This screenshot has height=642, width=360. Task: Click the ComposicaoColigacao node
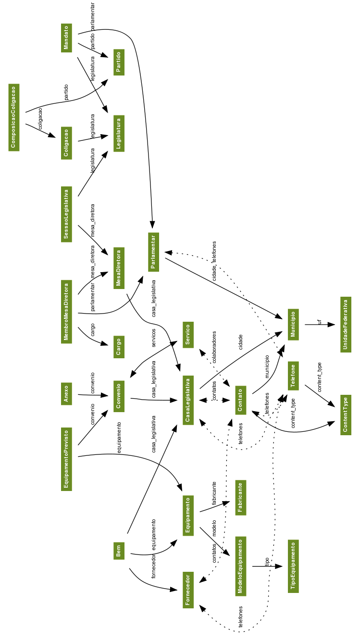pos(14,117)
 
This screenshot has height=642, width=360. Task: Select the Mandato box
pos(67,38)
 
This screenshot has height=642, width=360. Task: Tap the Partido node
pos(119,62)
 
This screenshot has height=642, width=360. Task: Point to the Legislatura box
pos(119,133)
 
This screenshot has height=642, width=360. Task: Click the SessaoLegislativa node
pos(67,214)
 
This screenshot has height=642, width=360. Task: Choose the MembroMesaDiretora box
pos(67,311)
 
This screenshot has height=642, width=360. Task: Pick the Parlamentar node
pos(153,252)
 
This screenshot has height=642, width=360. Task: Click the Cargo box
pos(119,347)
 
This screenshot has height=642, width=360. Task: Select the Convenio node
pos(119,396)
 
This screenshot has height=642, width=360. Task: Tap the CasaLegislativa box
pos(188,400)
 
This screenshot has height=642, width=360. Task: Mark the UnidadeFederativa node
pos(346,325)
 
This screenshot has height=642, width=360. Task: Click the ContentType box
pos(346,415)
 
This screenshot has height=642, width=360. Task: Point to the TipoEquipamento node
pos(294,566)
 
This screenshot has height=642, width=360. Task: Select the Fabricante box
pos(241,497)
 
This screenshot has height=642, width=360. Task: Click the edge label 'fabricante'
pos(214,493)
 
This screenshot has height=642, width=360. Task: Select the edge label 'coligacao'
pos(40,117)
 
